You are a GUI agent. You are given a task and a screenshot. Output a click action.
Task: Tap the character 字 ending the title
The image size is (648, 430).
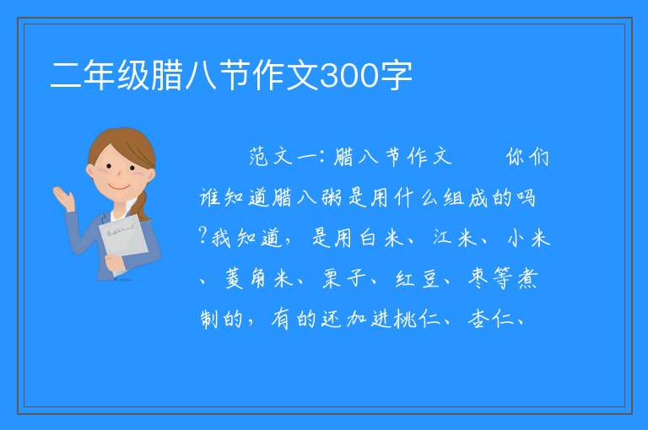coord(396,76)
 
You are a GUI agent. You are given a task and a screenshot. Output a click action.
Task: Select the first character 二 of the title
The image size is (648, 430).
coord(65,76)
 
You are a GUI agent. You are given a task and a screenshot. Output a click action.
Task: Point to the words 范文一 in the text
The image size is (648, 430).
coord(283,157)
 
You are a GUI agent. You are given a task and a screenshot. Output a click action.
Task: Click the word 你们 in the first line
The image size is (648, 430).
coord(527,157)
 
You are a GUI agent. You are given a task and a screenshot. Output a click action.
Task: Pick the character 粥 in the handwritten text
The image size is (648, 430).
coord(332,197)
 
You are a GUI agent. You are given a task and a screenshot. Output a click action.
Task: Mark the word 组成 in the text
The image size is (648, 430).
coord(466,197)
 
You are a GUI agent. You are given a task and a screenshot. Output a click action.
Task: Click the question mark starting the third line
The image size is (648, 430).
coord(202,236)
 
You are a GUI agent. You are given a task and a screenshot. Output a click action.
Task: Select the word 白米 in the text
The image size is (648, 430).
coord(381,239)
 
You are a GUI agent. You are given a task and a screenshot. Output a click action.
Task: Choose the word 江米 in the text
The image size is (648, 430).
coord(454,239)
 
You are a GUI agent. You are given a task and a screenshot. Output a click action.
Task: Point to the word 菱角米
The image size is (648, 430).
coord(259,278)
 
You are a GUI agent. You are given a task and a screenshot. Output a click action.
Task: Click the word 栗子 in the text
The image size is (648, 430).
coord(344,278)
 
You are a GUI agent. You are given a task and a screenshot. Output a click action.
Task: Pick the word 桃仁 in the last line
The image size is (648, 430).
coord(417,319)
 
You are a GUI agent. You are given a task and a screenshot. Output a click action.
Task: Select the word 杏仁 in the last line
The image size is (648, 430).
coord(489,319)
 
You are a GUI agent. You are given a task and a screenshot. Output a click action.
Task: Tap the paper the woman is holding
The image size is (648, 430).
coord(123,240)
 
